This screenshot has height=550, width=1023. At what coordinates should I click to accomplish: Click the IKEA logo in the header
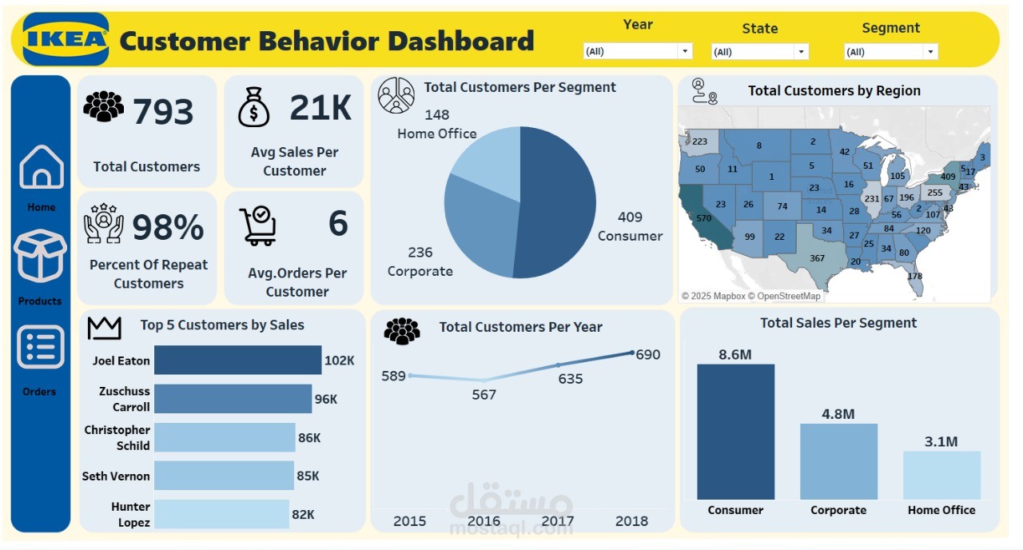66,39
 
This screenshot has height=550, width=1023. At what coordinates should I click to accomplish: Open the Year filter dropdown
637,51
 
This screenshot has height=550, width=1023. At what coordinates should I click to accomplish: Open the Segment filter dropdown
890,52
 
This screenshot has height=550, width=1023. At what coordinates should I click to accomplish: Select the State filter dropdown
759,52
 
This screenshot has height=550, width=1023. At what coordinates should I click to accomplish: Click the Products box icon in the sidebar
40,256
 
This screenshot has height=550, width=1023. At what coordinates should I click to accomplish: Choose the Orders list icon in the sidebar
40,348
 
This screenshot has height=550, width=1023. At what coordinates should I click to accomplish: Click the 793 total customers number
163,113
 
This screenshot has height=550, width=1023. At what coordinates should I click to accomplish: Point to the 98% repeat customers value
168,229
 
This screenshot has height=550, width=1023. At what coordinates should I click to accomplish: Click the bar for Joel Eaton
237,361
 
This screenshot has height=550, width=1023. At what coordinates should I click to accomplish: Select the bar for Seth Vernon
224,476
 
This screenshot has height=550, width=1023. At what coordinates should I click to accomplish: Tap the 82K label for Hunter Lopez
303,515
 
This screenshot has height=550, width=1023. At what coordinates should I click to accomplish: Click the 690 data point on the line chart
633,353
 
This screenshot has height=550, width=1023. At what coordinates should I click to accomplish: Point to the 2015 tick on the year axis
409,521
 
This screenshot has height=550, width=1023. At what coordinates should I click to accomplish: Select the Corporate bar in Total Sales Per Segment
838,462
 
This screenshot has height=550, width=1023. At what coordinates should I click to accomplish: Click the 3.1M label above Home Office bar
941,441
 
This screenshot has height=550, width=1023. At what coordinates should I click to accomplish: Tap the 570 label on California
703,218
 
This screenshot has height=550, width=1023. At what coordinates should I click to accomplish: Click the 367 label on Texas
817,258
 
